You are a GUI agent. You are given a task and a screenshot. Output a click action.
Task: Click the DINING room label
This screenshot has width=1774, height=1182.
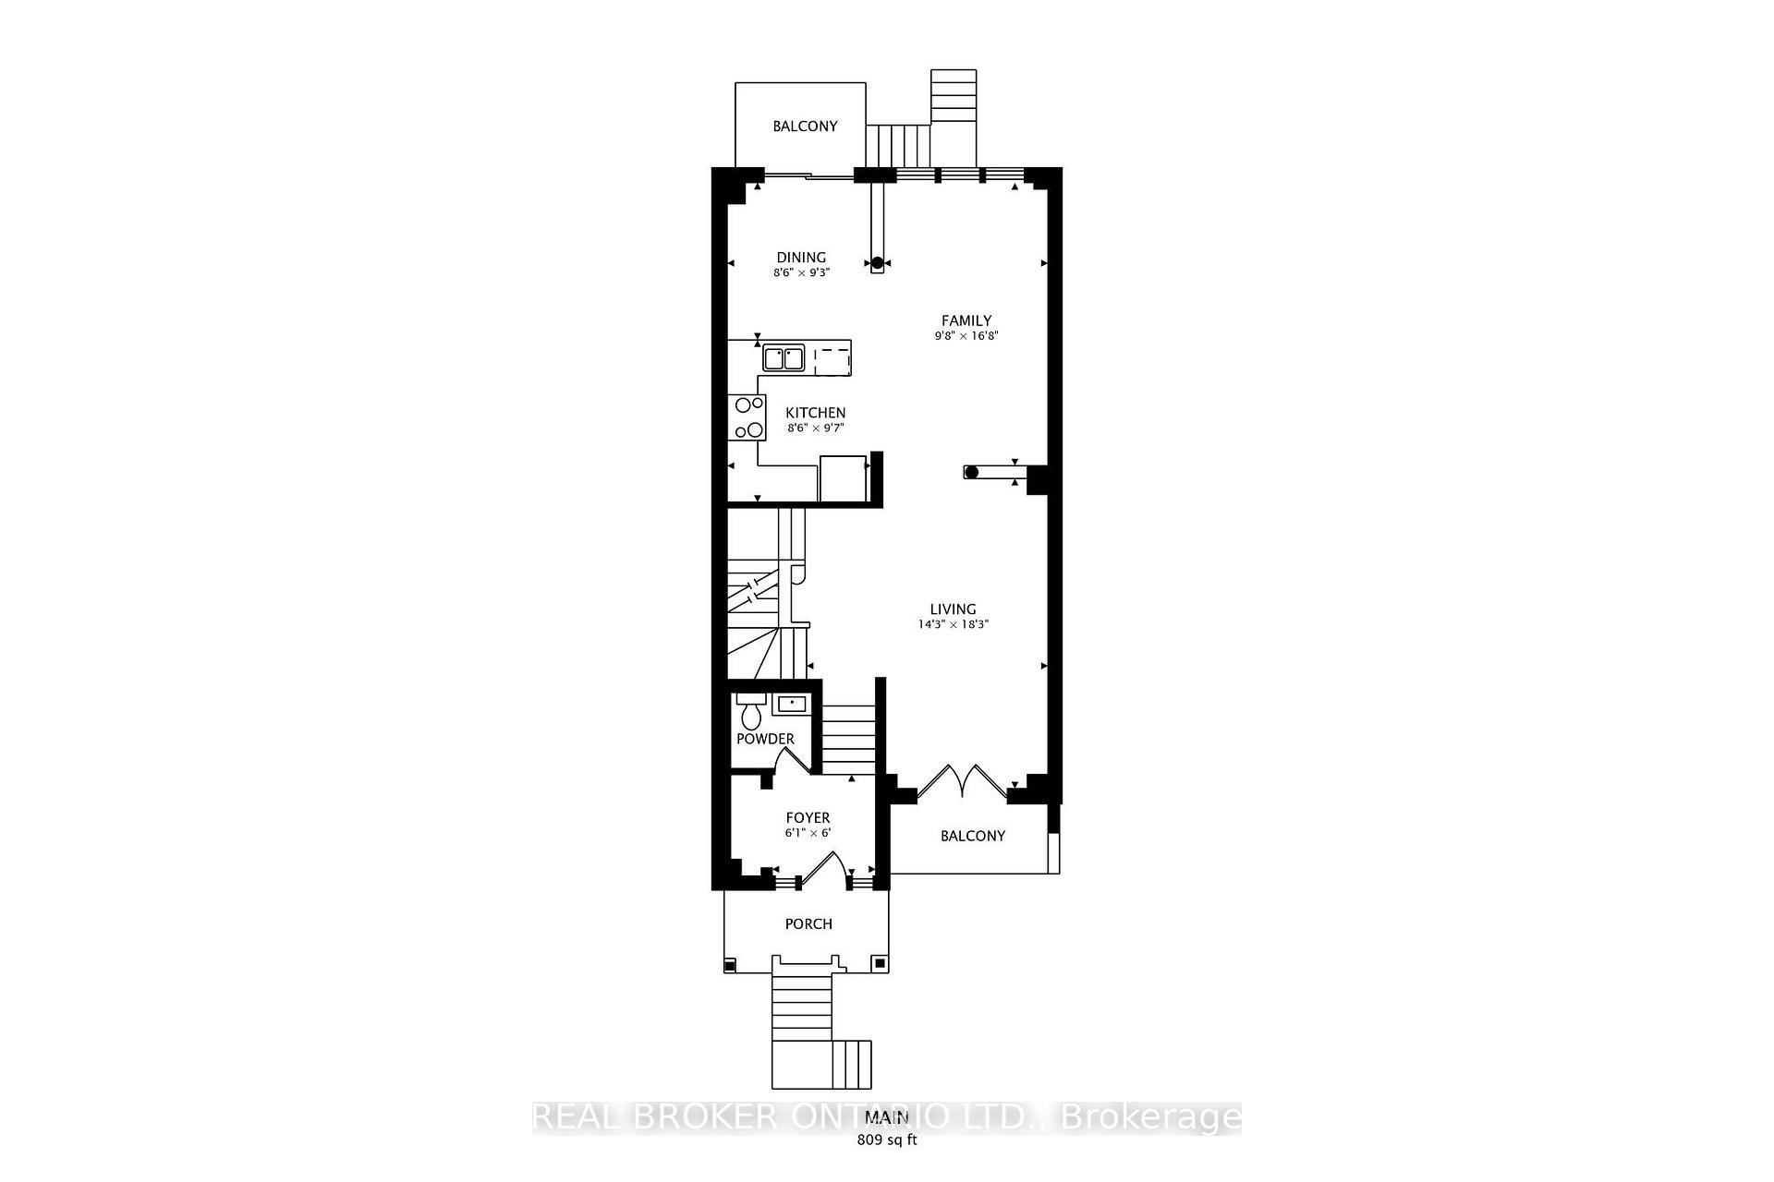click(x=801, y=258)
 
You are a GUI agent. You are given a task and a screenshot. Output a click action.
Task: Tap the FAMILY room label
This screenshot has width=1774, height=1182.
click(x=966, y=320)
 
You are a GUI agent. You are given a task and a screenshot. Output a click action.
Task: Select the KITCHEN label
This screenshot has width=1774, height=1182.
click(x=815, y=413)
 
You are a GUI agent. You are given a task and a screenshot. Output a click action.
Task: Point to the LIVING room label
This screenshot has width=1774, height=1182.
click(x=953, y=609)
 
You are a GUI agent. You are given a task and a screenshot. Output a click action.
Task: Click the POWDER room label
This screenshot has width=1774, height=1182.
click(x=765, y=739)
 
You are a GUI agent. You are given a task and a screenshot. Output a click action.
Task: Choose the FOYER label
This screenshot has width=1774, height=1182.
click(x=808, y=817)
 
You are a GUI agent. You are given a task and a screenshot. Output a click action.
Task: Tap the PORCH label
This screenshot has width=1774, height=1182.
click(x=808, y=923)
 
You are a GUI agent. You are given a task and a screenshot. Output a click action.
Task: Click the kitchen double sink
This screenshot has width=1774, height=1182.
click(x=784, y=357)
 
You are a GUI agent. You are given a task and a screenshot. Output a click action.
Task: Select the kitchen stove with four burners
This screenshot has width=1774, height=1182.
click(x=747, y=417)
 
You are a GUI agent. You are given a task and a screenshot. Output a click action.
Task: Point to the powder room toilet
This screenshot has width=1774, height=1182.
click(x=749, y=712)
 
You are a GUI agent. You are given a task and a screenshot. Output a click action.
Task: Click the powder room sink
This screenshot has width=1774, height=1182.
click(x=792, y=705)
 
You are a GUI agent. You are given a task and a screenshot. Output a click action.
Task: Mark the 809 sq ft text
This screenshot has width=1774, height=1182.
click(x=887, y=1140)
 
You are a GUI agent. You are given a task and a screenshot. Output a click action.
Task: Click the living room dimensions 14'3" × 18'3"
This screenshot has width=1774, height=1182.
click(x=953, y=624)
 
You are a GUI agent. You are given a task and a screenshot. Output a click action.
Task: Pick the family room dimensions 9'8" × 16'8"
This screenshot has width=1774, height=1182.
click(x=966, y=336)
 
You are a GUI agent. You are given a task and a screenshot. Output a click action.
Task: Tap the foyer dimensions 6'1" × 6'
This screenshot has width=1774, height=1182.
click(x=808, y=833)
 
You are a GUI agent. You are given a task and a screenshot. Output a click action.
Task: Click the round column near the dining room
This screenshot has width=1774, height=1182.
click(x=877, y=262)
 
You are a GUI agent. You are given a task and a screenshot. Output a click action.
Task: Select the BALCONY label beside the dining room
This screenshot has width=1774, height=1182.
click(x=805, y=126)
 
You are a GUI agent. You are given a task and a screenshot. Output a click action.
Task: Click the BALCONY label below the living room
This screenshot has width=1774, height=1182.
click(x=972, y=836)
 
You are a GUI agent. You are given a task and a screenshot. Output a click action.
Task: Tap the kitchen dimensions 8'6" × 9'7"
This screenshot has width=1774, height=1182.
click(x=815, y=428)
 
